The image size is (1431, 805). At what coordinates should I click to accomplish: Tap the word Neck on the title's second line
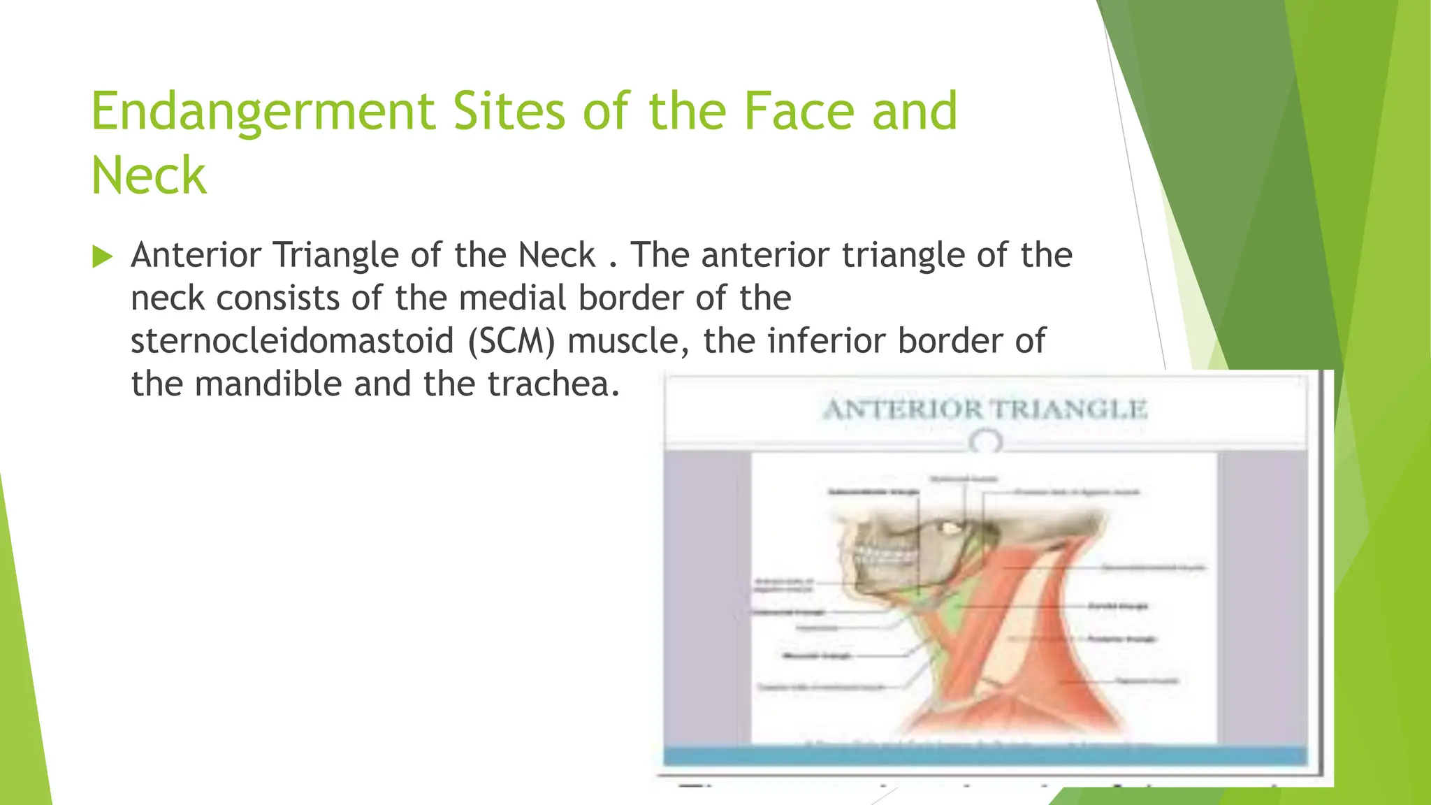(149, 176)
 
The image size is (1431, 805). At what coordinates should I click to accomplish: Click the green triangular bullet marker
(102, 256)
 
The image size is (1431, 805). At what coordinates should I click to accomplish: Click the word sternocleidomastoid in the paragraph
(292, 342)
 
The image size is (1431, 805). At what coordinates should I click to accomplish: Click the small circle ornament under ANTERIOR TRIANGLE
(986, 442)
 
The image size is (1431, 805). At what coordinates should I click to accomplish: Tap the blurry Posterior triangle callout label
(1122, 639)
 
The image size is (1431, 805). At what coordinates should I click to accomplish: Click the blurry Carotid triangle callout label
(1118, 606)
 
